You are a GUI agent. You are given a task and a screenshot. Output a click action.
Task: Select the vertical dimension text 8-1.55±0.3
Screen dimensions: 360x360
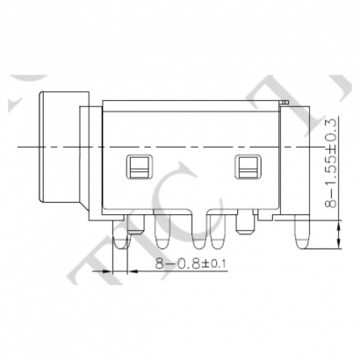330,162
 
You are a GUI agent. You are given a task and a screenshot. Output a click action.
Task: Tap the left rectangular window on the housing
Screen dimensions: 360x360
139,165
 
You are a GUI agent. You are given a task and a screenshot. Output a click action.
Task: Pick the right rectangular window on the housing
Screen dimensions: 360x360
247,165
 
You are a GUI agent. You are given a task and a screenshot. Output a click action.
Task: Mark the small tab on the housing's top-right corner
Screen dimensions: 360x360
283,104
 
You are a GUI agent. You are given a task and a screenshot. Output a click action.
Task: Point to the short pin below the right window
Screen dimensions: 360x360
247,227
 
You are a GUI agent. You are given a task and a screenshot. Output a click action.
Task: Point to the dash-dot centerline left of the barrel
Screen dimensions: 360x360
22,142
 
